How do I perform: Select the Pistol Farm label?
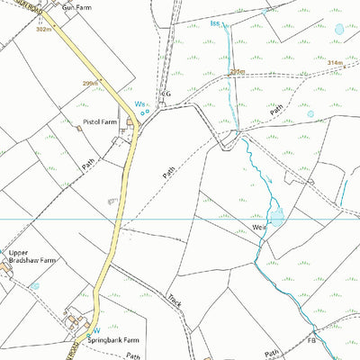coord(100,121)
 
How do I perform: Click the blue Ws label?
coord(139,105)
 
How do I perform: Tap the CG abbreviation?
coord(166,93)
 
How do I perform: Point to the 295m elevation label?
coord(237,70)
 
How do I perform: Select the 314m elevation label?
coord(335,63)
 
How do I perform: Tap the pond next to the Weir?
coord(276,216)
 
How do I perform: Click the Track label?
coord(175,300)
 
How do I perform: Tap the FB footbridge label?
coord(311,342)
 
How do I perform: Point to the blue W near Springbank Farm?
coord(97,329)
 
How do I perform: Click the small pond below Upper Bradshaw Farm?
coord(35,285)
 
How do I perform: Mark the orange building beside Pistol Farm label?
coord(79,128)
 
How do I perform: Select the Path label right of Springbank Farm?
coord(134,355)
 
